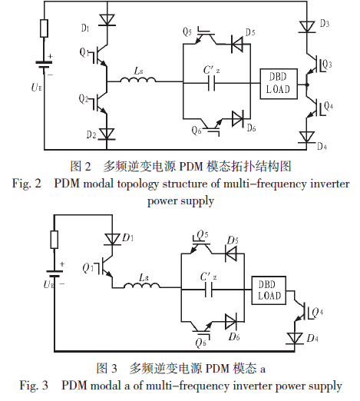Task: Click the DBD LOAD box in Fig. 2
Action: tap(279, 84)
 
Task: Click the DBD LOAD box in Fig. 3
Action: tap(269, 290)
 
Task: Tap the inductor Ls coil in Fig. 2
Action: tap(138, 80)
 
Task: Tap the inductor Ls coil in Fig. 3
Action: tap(142, 286)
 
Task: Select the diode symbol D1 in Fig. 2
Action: tap(107, 20)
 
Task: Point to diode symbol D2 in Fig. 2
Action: tap(107, 134)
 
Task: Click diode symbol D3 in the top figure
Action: tap(307, 27)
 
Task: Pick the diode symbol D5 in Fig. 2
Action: tap(236, 44)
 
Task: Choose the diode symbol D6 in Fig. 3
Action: tap(231, 322)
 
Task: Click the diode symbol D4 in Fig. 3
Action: tap(295, 338)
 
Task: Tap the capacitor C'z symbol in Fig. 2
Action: tap(212, 83)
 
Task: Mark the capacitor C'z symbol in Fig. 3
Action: tap(209, 290)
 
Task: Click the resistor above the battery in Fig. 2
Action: tap(45, 28)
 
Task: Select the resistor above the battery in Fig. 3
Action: tap(54, 240)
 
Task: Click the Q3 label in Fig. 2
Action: tap(327, 64)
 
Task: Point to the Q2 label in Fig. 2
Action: tap(84, 99)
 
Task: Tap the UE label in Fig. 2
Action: tap(36, 88)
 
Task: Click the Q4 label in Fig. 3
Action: tap(318, 312)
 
